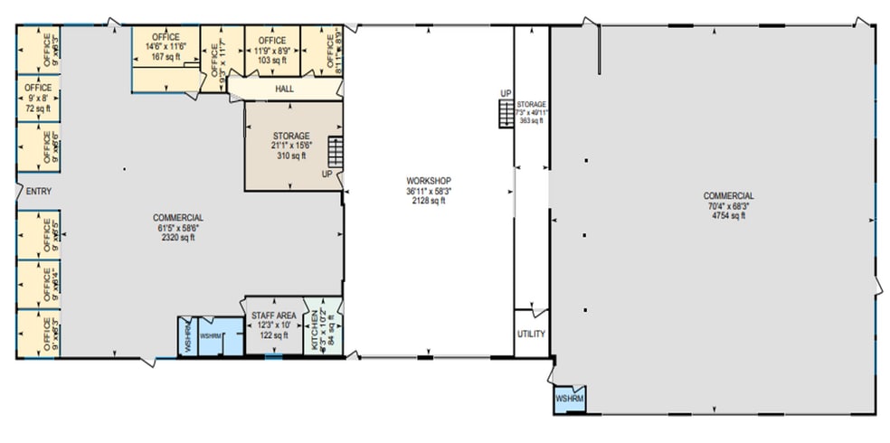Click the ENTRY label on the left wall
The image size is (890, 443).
pos(39,191)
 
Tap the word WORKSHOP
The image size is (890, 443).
pos(428,181)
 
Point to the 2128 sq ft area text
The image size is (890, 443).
pos(428,201)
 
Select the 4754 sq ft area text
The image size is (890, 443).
pos(729,216)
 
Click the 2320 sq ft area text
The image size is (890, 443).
pos(177,238)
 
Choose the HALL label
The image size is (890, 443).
pos(284,90)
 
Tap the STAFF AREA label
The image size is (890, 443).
pos(272,315)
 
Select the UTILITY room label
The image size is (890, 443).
pos(531,334)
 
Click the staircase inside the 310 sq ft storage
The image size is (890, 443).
pos(336,149)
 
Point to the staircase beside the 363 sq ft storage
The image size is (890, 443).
pos(504,114)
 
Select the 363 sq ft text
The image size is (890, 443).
pos(531,120)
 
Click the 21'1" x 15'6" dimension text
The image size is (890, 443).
pos(291,146)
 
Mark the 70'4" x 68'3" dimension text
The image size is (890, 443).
pos(729,206)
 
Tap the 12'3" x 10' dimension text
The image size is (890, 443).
pos(272,325)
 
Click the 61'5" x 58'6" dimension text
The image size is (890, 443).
pos(177,228)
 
